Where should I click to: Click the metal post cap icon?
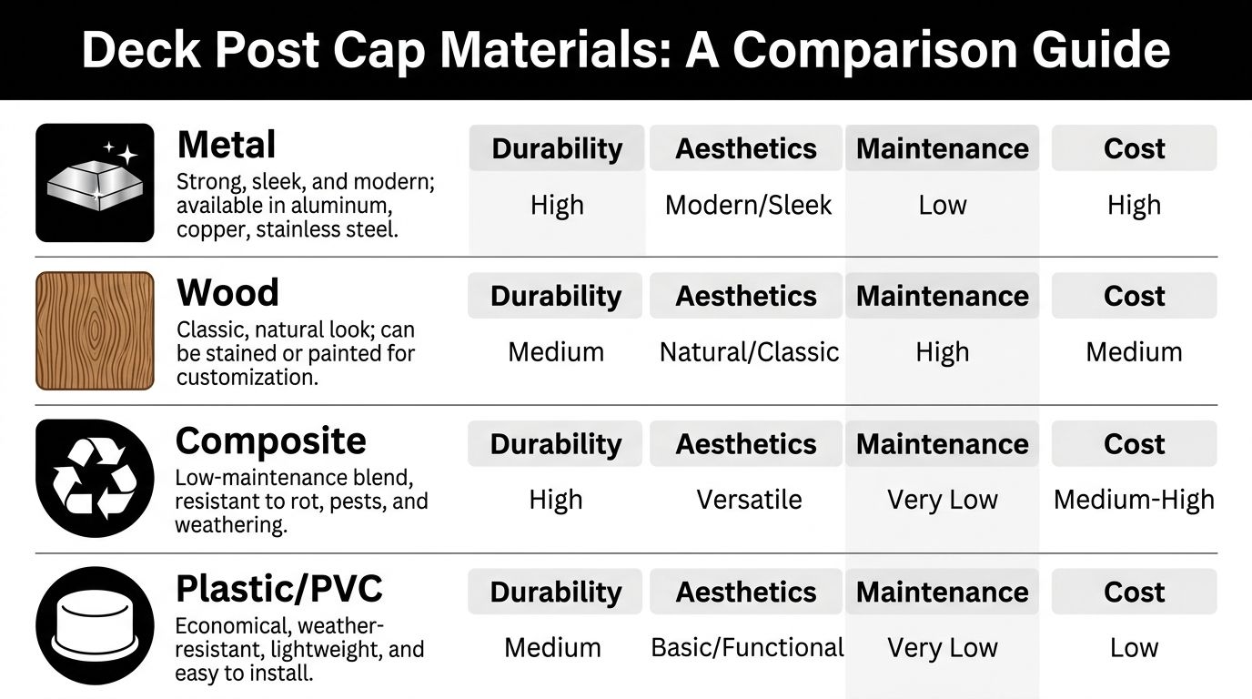point(95,182)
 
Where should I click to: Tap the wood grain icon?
point(95,330)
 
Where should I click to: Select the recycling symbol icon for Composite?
point(95,479)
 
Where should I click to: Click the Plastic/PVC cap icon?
point(95,625)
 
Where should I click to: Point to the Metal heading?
point(227,145)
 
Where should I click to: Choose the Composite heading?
point(270,441)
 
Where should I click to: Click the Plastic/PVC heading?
point(278,589)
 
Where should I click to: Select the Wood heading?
point(227,293)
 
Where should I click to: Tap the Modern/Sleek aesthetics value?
point(748,205)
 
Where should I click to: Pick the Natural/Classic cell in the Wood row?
point(749,352)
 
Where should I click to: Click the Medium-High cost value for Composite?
point(1134,500)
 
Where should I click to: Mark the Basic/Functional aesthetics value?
point(747,647)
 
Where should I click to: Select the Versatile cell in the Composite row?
point(749,500)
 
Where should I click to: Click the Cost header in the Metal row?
point(1134,148)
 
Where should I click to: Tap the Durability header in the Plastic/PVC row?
point(555,592)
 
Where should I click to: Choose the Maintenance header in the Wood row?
point(942,296)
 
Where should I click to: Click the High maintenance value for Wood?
point(942,352)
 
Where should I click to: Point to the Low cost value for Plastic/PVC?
point(1134,647)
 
